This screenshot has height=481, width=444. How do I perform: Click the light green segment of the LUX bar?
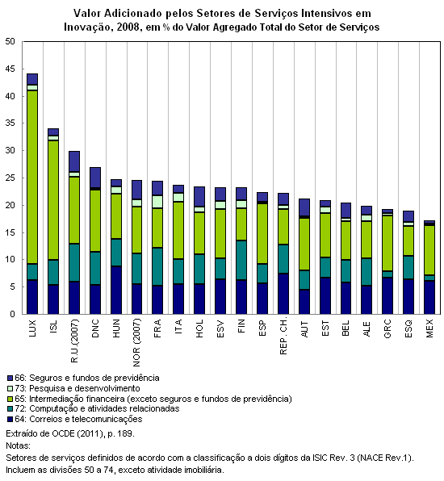pyautogui.click(x=32, y=177)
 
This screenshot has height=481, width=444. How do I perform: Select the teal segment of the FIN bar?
pyautogui.click(x=241, y=260)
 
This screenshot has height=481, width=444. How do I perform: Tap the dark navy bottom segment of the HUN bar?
pyautogui.click(x=116, y=290)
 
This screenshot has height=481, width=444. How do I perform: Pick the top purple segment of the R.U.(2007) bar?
pyautogui.click(x=74, y=161)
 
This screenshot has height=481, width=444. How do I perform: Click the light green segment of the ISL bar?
pyautogui.click(x=53, y=200)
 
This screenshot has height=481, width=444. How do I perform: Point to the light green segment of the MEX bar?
pyautogui.click(x=429, y=250)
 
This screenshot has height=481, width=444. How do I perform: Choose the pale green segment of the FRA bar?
pyautogui.click(x=157, y=202)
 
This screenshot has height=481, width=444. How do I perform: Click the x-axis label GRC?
pyautogui.click(x=387, y=328)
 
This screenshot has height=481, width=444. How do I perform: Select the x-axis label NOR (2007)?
pyautogui.click(x=137, y=343)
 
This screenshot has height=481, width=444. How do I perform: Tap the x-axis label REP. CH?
pyautogui.click(x=283, y=336)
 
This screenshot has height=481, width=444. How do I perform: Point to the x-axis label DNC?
pyautogui.click(x=95, y=328)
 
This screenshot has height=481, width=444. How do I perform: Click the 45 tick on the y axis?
pyautogui.click(x=10, y=69)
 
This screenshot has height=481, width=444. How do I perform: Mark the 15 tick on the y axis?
pyautogui.click(x=10, y=232)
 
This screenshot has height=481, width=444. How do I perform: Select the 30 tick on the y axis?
pyautogui.click(x=10, y=151)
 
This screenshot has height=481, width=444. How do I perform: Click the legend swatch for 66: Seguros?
pyautogui.click(x=10, y=378)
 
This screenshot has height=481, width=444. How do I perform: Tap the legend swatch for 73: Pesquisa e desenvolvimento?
pyautogui.click(x=10, y=388)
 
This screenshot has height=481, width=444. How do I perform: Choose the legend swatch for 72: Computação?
pyautogui.click(x=10, y=408)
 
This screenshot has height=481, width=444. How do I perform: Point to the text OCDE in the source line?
pyautogui.click(x=63, y=433)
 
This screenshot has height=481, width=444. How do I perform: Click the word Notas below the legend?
pyautogui.click(x=18, y=445)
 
